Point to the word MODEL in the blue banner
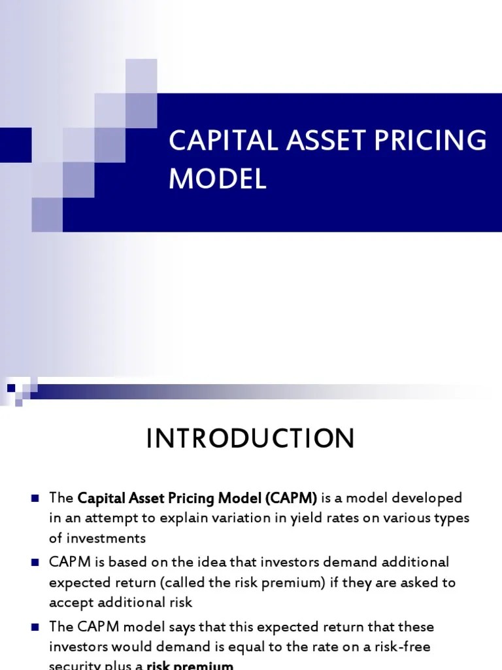pos(218,178)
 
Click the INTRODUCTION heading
pos(250,438)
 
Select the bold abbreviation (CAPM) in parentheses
pos(292,498)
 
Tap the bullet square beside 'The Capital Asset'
pos(35,498)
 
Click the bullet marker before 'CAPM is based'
pos(35,562)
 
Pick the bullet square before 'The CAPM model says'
pos(35,626)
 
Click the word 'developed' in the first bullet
pos(430,498)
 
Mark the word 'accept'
pos(70,603)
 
